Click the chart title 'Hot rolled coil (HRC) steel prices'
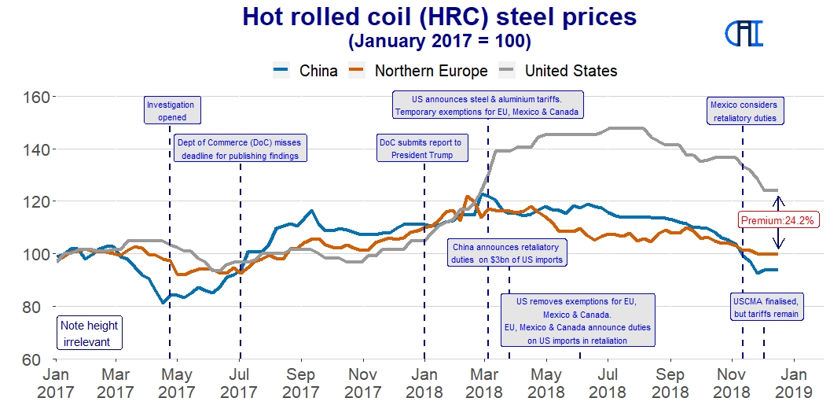(x=439, y=17)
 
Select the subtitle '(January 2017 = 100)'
(x=439, y=39)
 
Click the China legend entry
(x=306, y=71)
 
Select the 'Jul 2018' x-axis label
(x=608, y=382)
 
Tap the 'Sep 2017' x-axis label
(x=300, y=382)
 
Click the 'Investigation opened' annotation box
(x=171, y=111)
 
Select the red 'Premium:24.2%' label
(x=777, y=219)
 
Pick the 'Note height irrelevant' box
(x=90, y=333)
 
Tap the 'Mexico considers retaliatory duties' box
(x=743, y=111)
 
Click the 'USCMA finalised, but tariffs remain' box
(x=766, y=308)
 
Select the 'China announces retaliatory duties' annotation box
(x=507, y=252)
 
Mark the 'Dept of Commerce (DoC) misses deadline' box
(x=238, y=149)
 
